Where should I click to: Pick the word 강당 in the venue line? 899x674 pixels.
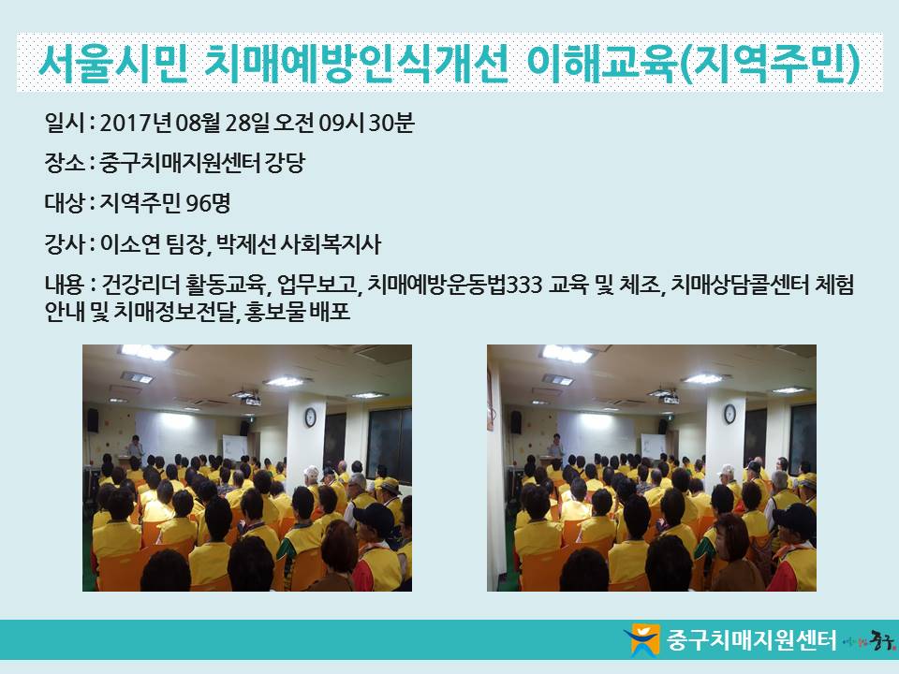click(x=285, y=163)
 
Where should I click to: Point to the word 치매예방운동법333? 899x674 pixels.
click(x=455, y=285)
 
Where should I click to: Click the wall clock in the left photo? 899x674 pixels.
click(x=310, y=418)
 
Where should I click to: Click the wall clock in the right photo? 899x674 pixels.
click(x=730, y=414)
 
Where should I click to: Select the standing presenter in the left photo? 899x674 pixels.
click(x=135, y=447)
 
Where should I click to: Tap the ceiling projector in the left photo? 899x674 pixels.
click(x=252, y=401)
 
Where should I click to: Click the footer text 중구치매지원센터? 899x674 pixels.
click(x=751, y=639)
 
